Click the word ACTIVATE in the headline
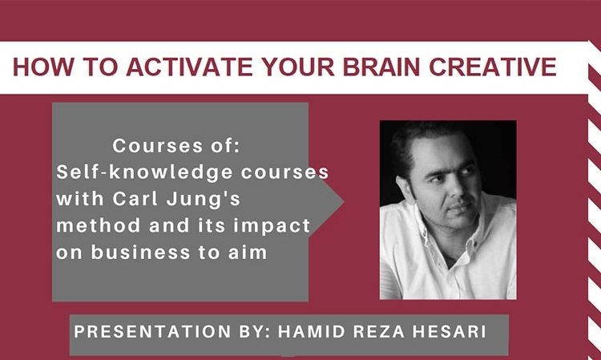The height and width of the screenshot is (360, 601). (189, 67)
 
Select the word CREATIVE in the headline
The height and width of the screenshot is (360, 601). (493, 67)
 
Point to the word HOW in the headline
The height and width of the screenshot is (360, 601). (43, 67)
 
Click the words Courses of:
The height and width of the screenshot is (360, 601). (176, 146)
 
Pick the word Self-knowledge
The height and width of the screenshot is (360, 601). (144, 172)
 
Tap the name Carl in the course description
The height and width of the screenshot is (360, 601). (135, 199)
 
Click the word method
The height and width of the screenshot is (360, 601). (98, 225)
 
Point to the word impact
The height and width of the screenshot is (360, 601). (272, 226)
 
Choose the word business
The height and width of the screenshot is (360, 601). (141, 253)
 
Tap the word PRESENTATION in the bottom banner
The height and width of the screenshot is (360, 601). (152, 332)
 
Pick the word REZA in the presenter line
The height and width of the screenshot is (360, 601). (379, 332)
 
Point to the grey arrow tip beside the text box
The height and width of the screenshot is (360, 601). (344, 202)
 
